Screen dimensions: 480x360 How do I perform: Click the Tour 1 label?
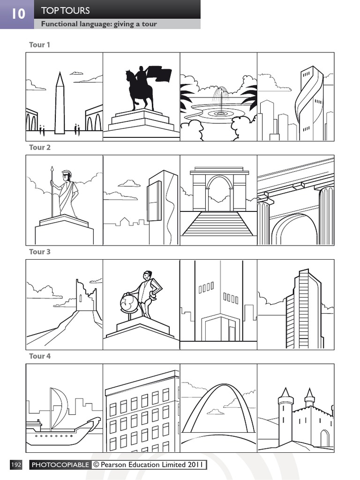(39, 45)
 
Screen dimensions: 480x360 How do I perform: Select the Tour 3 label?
(39, 252)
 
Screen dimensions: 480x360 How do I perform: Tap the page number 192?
(16, 465)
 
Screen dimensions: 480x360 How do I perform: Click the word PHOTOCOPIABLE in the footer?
(60, 465)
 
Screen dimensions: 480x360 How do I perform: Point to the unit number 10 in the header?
(17, 14)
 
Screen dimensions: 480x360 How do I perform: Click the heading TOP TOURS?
(65, 10)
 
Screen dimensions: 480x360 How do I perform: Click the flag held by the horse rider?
(159, 74)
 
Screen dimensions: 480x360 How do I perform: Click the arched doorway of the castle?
(324, 438)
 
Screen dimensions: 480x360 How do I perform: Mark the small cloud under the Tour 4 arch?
(216, 412)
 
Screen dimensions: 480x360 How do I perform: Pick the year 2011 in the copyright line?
(195, 465)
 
